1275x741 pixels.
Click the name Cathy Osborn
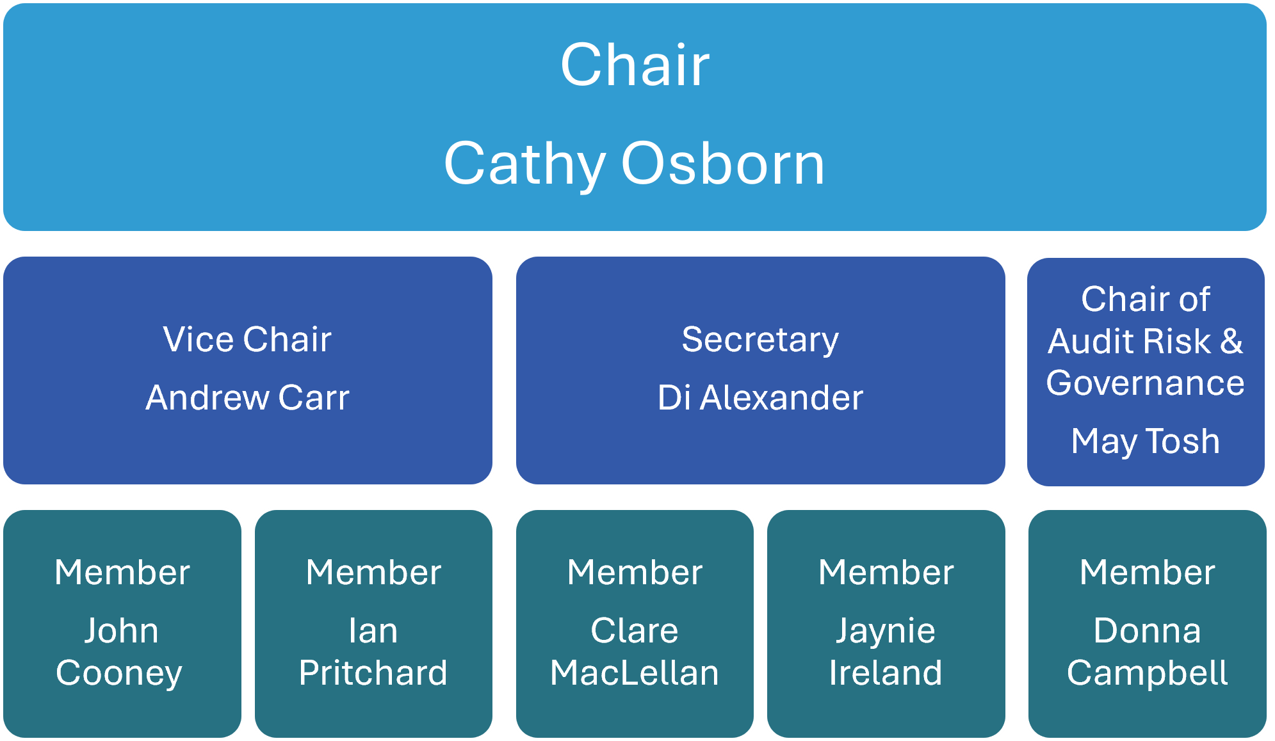634,164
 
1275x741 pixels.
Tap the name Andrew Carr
247,397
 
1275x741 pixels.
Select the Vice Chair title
247,339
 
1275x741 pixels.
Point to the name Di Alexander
760,397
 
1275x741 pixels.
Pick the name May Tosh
1146,442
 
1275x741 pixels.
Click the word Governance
1146,383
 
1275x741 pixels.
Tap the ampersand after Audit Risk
1231,340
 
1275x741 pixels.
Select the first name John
122,632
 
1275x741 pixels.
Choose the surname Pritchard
373,673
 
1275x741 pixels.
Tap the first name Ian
373,631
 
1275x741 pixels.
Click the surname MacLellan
635,673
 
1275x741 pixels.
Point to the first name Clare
635,631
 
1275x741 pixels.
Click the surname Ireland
886,673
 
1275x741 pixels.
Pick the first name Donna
1147,631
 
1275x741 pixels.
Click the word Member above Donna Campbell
1147,572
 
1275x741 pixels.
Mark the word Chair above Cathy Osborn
635,65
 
